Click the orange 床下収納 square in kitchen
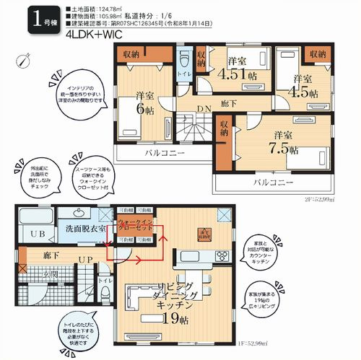204,232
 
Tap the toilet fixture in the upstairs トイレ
183,59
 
